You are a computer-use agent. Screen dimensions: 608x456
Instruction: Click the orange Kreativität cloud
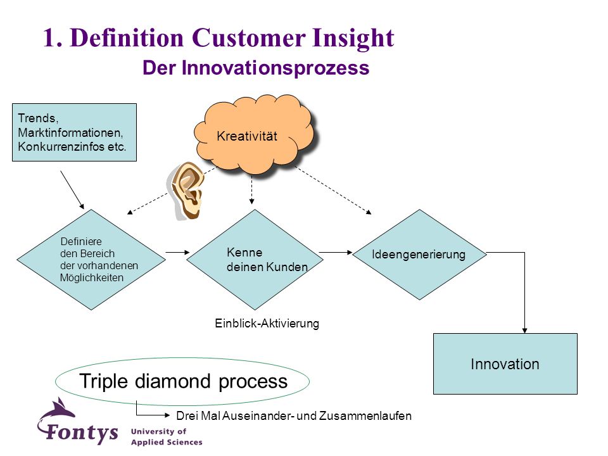click(254, 134)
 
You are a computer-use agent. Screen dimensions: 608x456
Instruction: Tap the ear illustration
click(186, 191)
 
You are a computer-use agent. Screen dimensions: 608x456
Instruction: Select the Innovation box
click(505, 364)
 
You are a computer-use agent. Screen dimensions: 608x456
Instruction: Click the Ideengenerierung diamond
click(419, 255)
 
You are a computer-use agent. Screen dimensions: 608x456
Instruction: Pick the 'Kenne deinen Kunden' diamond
click(255, 260)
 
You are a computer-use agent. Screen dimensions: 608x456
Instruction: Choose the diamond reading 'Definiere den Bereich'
click(91, 260)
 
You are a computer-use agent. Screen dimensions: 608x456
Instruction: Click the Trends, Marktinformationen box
click(75, 132)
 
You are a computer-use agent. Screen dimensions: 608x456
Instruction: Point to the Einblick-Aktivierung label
click(267, 324)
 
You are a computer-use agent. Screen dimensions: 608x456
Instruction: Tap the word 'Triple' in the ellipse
click(103, 381)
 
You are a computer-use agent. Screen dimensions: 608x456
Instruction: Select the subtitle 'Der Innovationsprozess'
click(256, 68)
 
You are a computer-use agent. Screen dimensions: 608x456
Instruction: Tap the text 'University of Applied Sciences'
click(167, 436)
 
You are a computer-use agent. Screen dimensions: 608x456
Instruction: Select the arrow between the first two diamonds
click(177, 253)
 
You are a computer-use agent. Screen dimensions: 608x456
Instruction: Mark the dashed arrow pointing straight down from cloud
click(251, 189)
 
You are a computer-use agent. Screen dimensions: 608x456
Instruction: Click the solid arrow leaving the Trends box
click(72, 190)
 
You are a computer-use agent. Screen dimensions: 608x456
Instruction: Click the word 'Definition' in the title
click(127, 38)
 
